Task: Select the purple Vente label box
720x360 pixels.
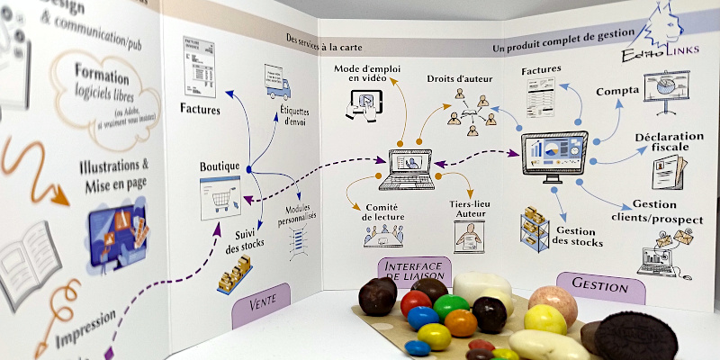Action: (x=263, y=305)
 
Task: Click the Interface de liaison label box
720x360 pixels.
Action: (x=413, y=274)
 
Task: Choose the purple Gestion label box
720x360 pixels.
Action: (x=600, y=286)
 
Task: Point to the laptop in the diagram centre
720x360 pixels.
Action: (x=405, y=166)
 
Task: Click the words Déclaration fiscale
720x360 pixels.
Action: (x=667, y=143)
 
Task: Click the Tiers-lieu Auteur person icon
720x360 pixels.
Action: (x=468, y=238)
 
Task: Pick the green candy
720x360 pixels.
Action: (x=450, y=306)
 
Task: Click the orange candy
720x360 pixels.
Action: (x=461, y=323)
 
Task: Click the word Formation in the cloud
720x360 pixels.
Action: (x=102, y=71)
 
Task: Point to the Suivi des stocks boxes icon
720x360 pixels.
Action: (x=235, y=274)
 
